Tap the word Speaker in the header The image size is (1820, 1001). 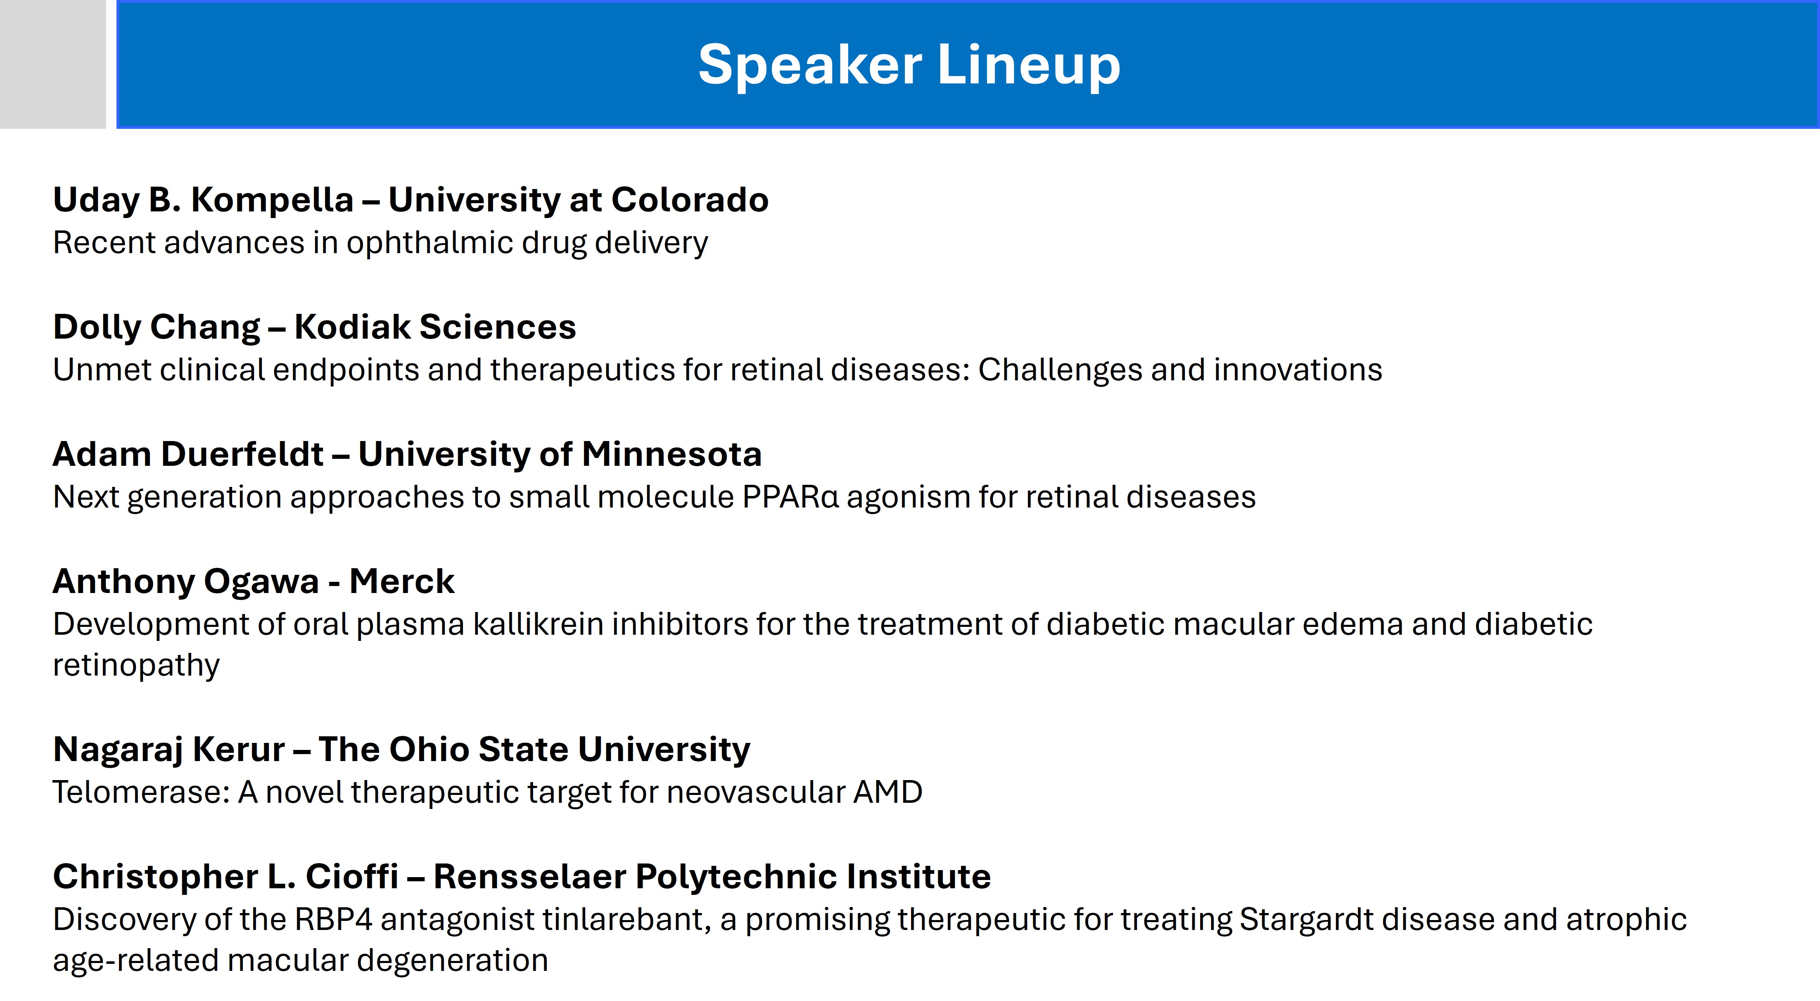810,65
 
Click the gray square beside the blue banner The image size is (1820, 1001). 52,64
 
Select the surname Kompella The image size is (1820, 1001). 272,200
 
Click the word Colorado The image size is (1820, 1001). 690,200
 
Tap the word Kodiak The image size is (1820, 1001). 352,327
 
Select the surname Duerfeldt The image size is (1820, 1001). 242,454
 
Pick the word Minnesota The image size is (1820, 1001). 672,454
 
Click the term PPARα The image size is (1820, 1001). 790,497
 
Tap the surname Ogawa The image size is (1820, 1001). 261,582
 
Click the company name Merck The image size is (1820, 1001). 401,581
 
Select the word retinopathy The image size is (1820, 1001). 136,665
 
